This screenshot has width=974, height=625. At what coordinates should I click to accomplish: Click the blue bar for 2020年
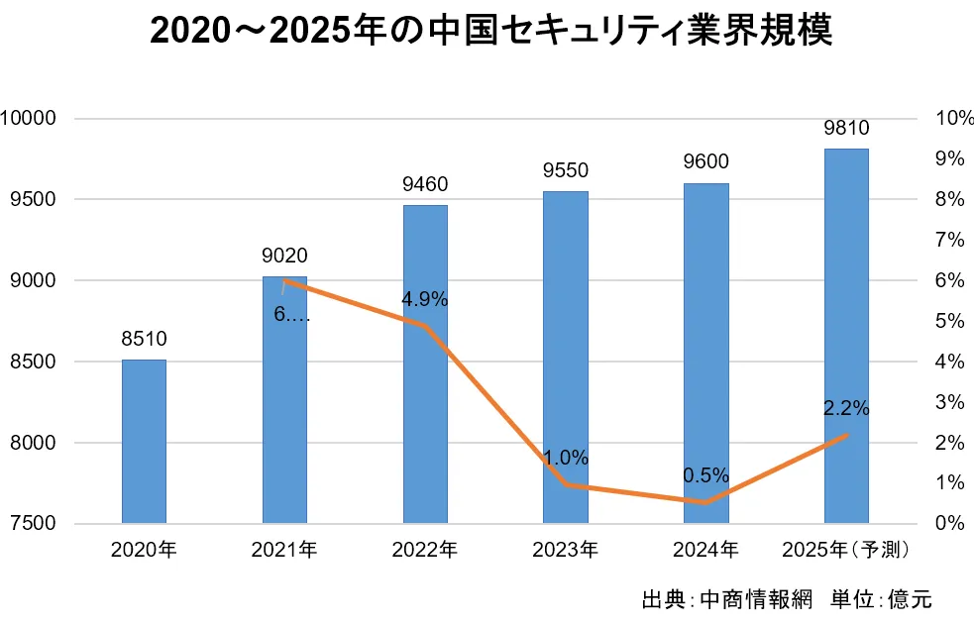(x=144, y=441)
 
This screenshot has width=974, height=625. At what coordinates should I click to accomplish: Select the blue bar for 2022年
(x=425, y=364)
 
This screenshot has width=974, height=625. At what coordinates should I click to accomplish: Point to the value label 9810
(x=846, y=128)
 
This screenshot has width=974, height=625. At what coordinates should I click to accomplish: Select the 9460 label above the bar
(x=425, y=184)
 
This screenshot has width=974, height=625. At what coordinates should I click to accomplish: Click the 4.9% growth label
(x=425, y=299)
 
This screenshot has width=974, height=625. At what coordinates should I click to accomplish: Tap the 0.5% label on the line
(x=705, y=475)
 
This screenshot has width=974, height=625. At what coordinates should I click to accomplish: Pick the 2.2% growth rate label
(x=846, y=407)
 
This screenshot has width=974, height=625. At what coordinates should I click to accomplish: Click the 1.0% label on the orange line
(x=565, y=458)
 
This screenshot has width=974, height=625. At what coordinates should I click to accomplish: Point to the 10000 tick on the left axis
(x=29, y=119)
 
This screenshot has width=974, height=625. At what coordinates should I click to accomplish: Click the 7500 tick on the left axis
(x=34, y=523)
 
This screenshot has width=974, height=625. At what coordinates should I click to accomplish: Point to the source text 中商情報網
(x=755, y=599)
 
